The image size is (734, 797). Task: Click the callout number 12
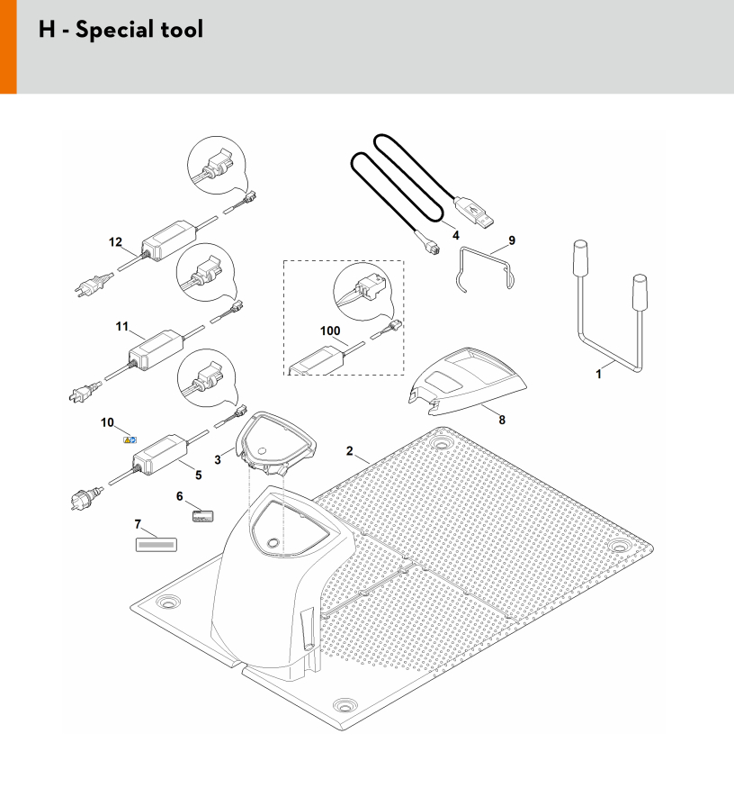tap(115, 242)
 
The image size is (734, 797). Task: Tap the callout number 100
tap(330, 331)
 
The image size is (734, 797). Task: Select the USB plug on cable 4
tap(474, 212)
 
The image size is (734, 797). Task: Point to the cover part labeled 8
tap(467, 381)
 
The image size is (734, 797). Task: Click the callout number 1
tap(598, 375)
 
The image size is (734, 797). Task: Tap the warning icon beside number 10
tap(130, 440)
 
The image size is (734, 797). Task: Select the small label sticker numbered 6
tap(203, 516)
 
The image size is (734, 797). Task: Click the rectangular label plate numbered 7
tap(157, 544)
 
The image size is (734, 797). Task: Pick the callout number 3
tap(218, 460)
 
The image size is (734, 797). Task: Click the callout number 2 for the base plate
tap(349, 451)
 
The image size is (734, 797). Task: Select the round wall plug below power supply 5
tap(87, 497)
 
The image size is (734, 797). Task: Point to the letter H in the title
tap(47, 29)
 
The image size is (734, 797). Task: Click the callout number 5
tap(199, 475)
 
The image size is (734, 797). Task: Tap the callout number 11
tap(121, 326)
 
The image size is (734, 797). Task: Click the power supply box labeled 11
tap(156, 349)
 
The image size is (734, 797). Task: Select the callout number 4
tap(455, 235)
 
